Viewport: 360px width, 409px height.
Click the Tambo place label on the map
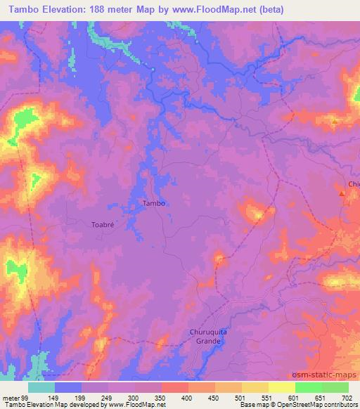click(x=154, y=204)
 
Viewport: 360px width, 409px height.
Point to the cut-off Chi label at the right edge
click(x=353, y=185)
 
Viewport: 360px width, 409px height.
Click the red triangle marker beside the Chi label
click(x=342, y=193)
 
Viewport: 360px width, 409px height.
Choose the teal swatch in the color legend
click(x=41, y=387)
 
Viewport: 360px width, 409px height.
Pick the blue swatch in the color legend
click(x=68, y=387)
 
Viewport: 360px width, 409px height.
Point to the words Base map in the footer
click(x=233, y=404)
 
